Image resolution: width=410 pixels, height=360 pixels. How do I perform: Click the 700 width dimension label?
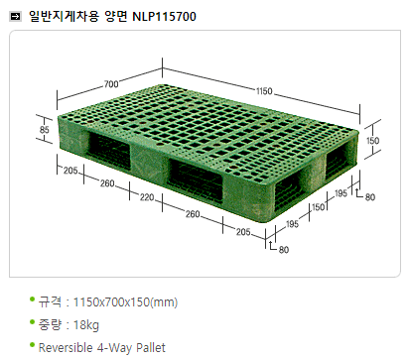click(111, 84)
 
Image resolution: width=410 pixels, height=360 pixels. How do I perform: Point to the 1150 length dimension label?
click(264, 90)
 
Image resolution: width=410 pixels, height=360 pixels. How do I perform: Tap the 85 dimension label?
click(45, 130)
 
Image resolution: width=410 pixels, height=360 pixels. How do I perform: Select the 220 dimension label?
click(147, 197)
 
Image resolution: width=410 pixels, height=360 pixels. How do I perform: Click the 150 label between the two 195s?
click(319, 207)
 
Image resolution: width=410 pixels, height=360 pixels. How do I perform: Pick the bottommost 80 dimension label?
click(284, 249)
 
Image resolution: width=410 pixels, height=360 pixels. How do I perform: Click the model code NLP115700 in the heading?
click(164, 16)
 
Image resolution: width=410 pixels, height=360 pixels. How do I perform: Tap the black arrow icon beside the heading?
click(15, 16)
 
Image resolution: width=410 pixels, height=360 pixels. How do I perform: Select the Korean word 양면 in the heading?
click(115, 16)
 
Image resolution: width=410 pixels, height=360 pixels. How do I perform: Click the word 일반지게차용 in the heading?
click(64, 16)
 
